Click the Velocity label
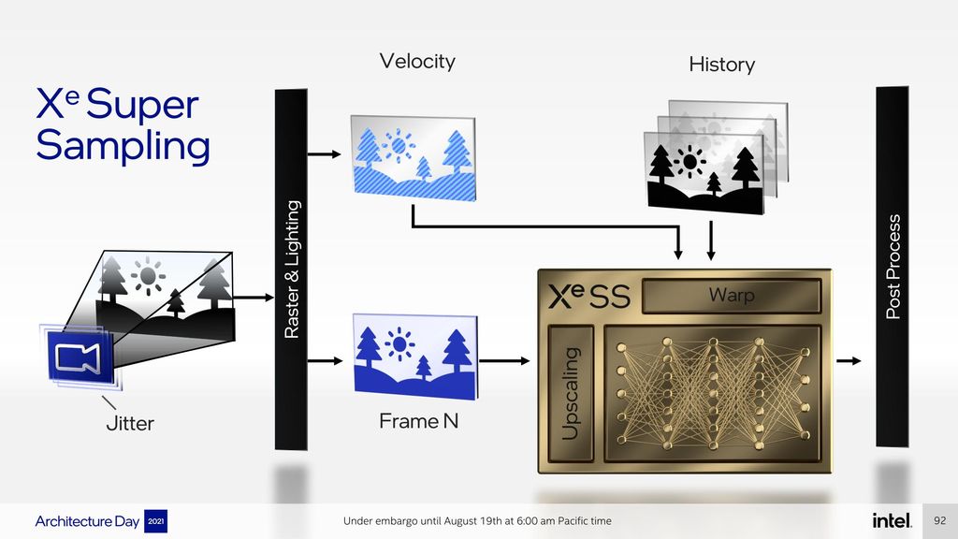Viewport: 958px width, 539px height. click(417, 61)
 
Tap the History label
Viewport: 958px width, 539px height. click(721, 65)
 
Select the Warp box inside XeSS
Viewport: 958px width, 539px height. click(732, 296)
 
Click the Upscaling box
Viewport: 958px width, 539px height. click(571, 393)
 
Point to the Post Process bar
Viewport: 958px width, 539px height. click(892, 267)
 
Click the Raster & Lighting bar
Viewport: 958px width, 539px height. click(292, 269)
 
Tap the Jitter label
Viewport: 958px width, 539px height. click(130, 423)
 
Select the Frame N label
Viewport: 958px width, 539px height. click(418, 421)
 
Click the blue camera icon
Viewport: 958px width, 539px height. click(80, 357)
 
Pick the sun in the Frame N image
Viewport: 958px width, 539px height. click(399, 343)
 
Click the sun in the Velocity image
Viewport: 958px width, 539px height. click(399, 145)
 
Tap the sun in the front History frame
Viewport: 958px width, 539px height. click(689, 161)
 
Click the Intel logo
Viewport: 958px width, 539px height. click(892, 520)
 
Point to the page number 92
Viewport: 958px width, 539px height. click(939, 520)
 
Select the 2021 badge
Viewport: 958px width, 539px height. click(156, 521)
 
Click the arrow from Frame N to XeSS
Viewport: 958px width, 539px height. click(504, 361)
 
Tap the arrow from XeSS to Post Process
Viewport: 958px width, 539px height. click(849, 361)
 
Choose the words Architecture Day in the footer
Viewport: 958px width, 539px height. click(87, 521)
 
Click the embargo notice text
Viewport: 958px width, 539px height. click(477, 520)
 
